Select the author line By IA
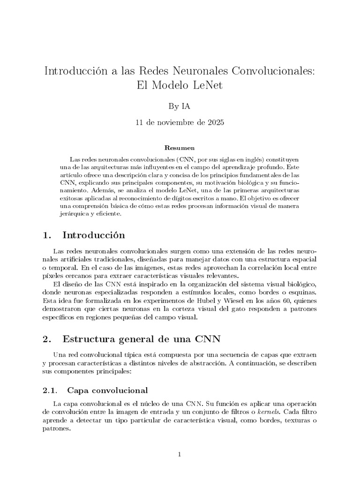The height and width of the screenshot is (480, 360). [180, 106]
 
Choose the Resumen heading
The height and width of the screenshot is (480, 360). [180, 148]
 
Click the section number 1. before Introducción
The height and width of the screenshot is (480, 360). [46, 234]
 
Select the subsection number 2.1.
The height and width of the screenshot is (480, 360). [49, 390]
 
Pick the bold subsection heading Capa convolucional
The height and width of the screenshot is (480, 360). [108, 390]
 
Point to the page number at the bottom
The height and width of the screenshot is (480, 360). [180, 454]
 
